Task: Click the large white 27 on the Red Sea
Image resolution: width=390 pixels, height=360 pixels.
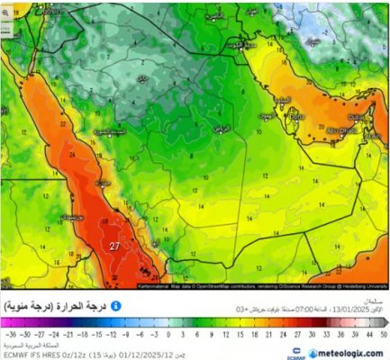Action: point(114,246)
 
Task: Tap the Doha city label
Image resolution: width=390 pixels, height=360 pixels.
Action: point(296,116)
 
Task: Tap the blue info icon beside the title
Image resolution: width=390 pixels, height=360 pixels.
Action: point(116,306)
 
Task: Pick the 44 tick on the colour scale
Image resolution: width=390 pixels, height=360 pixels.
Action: point(367,332)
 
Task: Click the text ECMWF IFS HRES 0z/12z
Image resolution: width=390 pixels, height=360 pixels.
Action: point(37,354)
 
